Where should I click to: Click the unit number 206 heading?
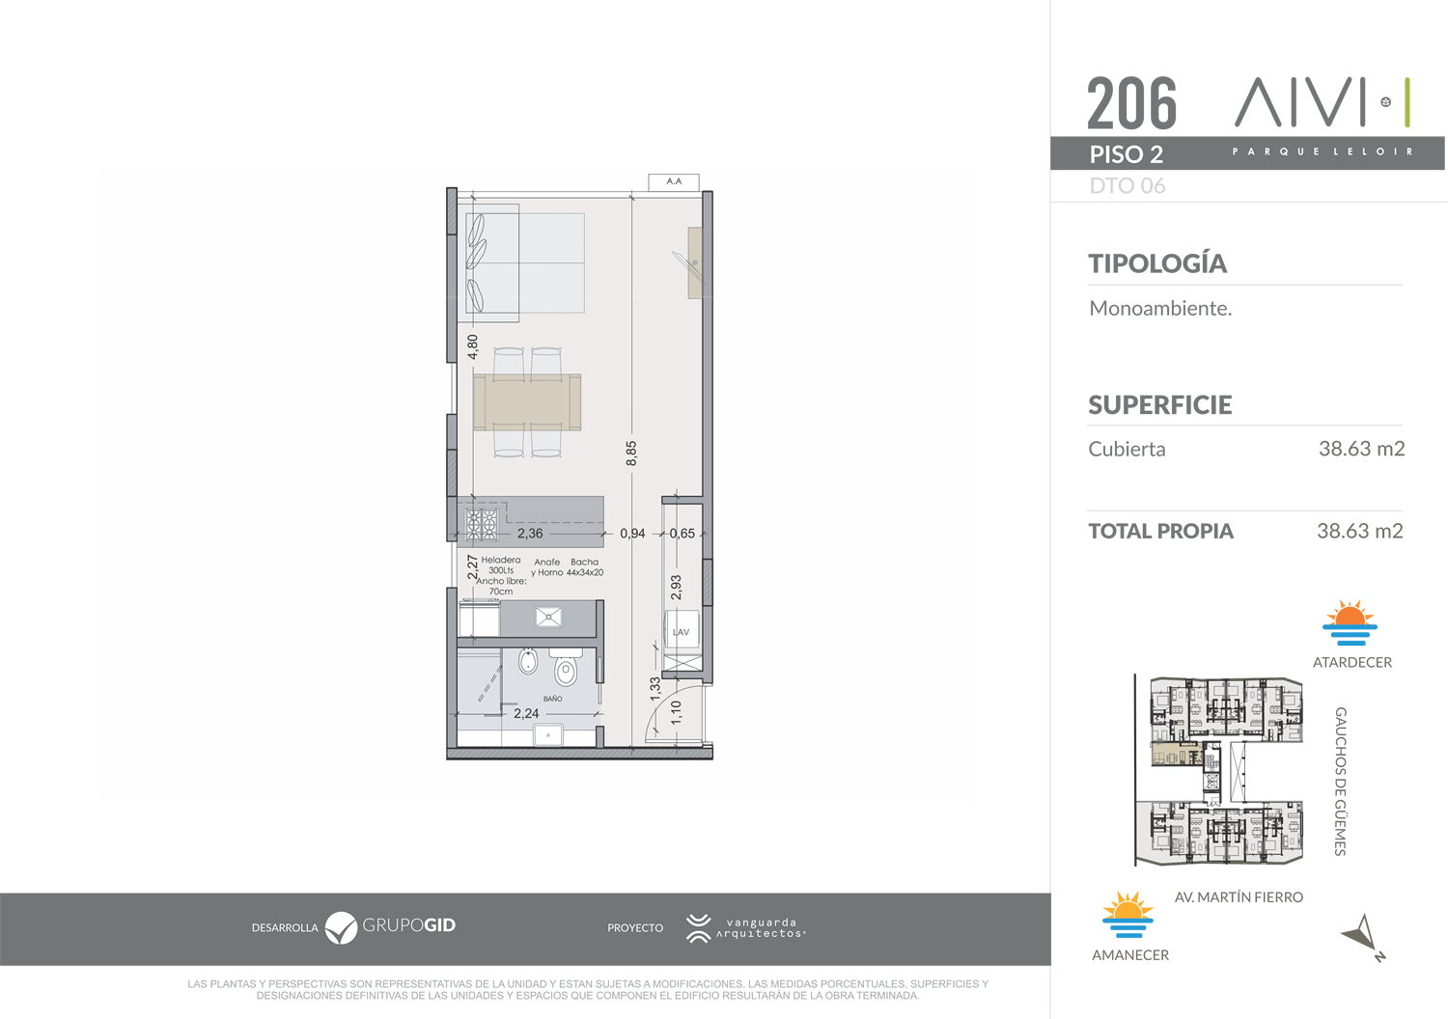[1131, 102]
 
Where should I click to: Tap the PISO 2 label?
[1127, 154]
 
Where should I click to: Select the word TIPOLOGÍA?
[1157, 263]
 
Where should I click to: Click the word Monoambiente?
[1160, 308]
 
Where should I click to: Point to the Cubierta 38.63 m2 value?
[1361, 449]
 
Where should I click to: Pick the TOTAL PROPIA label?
[1161, 531]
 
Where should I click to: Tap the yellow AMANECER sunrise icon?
[1128, 915]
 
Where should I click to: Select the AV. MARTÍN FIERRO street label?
[1239, 896]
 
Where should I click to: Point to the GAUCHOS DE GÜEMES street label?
[1341, 782]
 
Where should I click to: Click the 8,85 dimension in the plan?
[631, 453]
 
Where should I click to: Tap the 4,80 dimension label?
[473, 347]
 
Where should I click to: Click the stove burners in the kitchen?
[482, 524]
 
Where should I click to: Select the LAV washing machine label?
[681, 632]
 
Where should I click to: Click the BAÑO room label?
[553, 699]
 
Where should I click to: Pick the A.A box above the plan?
[674, 181]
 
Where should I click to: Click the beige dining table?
[527, 402]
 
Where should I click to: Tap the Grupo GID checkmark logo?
[341, 928]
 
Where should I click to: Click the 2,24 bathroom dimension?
[525, 713]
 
